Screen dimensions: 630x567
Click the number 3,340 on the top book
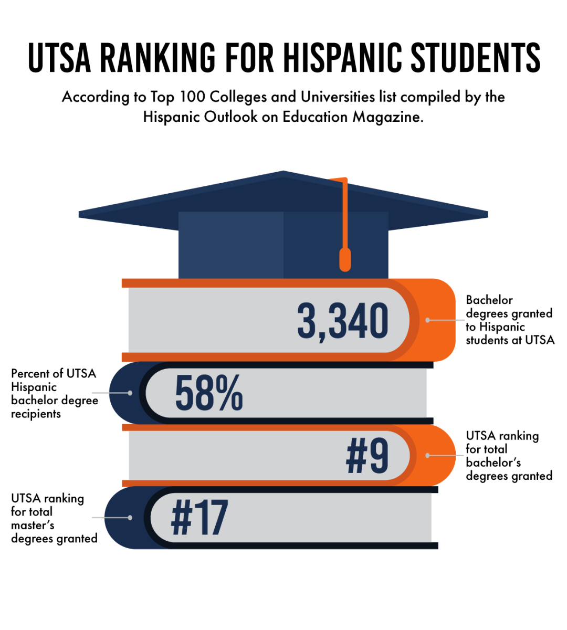click(x=342, y=321)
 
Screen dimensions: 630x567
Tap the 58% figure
click(x=208, y=393)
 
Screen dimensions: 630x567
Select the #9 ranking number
click(x=367, y=456)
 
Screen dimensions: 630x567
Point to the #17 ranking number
click(x=199, y=518)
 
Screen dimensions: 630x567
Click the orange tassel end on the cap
click(x=345, y=260)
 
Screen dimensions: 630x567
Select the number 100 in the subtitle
click(x=192, y=97)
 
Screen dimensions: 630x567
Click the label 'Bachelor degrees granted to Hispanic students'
click(x=509, y=320)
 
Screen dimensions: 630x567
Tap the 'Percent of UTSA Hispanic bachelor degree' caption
click(x=54, y=393)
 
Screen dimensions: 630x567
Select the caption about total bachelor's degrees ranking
click(x=508, y=456)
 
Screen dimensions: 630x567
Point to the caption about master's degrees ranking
click(x=54, y=518)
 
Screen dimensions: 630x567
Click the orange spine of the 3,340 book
click(x=439, y=320)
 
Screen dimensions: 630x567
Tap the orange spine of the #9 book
click(x=439, y=455)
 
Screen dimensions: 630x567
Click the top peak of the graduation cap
click(x=283, y=173)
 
